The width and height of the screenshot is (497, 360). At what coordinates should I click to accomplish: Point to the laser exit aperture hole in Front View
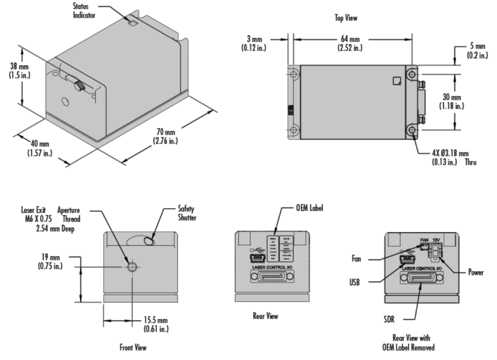pos(132,267)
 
